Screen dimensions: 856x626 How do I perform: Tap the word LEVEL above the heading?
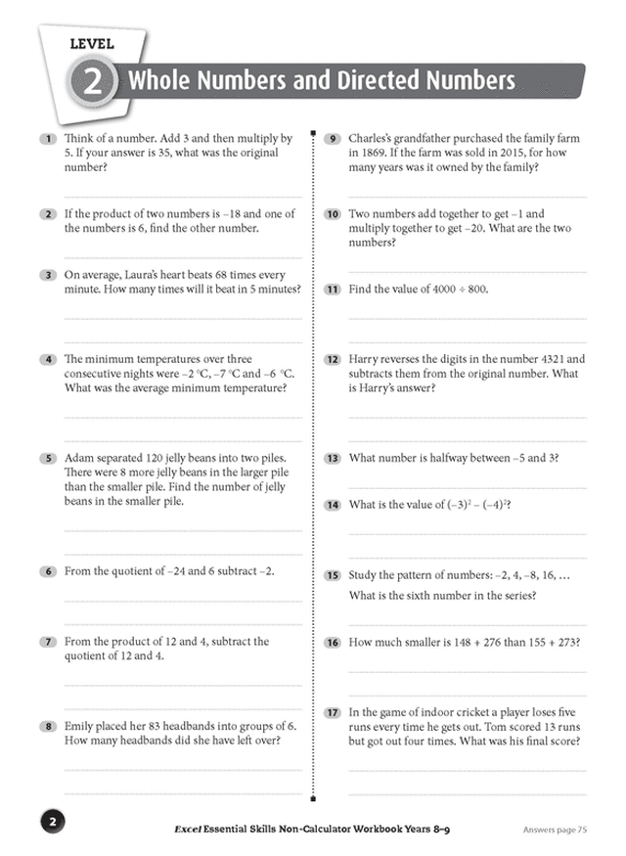point(92,44)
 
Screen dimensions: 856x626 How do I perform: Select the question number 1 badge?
point(46,139)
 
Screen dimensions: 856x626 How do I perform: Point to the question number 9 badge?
point(332,139)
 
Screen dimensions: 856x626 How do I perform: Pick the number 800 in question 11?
point(475,289)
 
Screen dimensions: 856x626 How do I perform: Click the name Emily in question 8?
point(81,727)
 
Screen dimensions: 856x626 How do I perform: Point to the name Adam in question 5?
point(80,458)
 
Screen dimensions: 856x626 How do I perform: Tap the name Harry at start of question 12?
point(366,359)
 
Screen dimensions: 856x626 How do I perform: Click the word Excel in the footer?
point(183,830)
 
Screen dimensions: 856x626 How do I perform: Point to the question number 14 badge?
point(332,505)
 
